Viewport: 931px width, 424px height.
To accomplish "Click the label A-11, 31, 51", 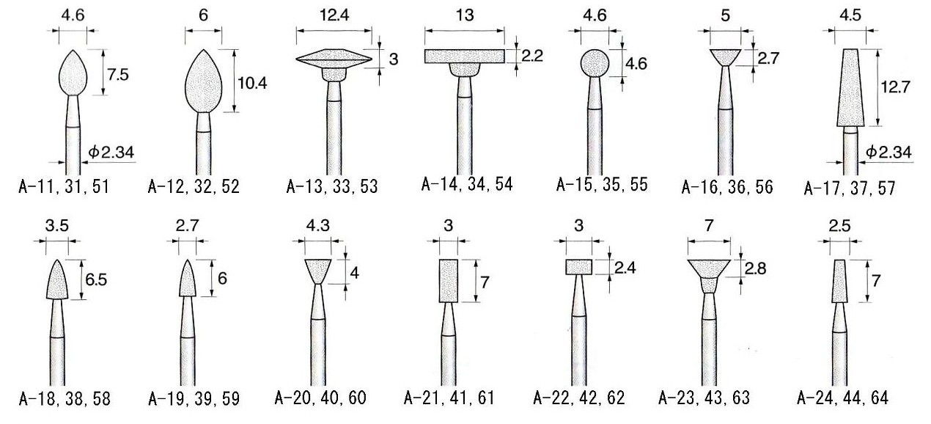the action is pos(64,186).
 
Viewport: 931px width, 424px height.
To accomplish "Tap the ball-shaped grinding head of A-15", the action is pos(595,63).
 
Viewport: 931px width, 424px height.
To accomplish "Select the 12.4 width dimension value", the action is pos(334,15).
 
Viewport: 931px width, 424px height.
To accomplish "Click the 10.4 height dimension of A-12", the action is pos(252,83).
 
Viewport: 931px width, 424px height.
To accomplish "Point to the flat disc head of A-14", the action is pos(464,56).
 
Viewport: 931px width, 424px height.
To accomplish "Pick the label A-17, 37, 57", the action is pos(850,188).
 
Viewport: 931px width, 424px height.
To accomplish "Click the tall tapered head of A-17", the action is pos(850,87).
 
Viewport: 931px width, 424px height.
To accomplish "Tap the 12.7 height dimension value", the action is pos(895,87).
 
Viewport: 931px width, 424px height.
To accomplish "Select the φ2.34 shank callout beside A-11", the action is pos(111,153).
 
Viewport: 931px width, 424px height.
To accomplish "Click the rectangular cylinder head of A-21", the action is pos(449,280).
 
